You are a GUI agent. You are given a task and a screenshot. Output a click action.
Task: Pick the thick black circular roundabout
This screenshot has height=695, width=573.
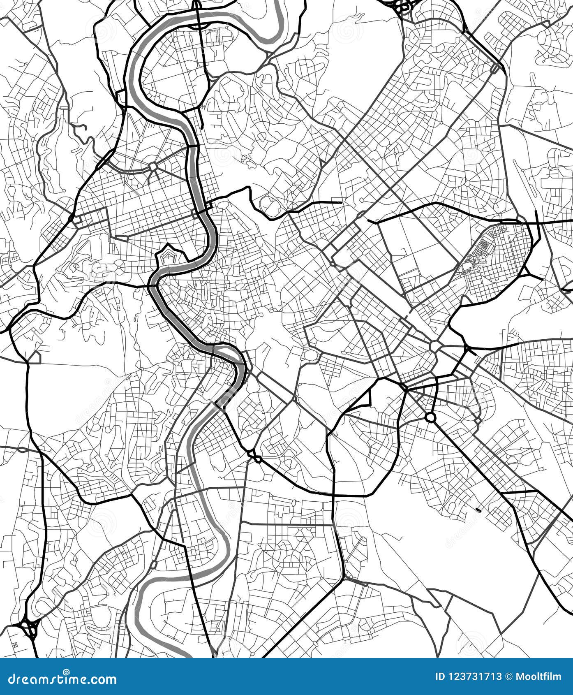430,417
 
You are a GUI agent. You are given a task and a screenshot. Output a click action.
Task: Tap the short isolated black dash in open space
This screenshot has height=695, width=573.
478,510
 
